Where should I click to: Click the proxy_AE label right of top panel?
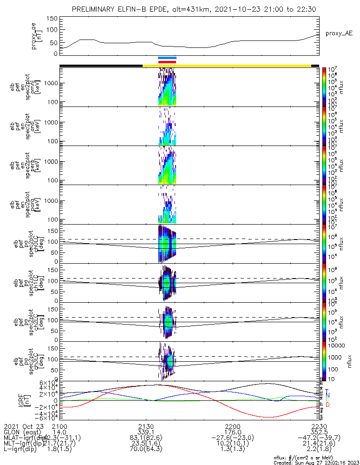pyautogui.click(x=339, y=33)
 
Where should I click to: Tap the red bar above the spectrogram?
pyautogui.click(x=167, y=61)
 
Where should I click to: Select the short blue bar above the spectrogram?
pyautogui.click(x=167, y=58)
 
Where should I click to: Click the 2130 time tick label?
pyautogui.click(x=146, y=427)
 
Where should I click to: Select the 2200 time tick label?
pyautogui.click(x=232, y=427)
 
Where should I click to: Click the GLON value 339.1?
pyautogui.click(x=146, y=432)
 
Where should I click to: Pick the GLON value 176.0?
pyautogui.click(x=232, y=432)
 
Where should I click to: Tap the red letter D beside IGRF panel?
pyautogui.click(x=327, y=405)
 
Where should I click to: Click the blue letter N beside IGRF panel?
pyautogui.click(x=327, y=395)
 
